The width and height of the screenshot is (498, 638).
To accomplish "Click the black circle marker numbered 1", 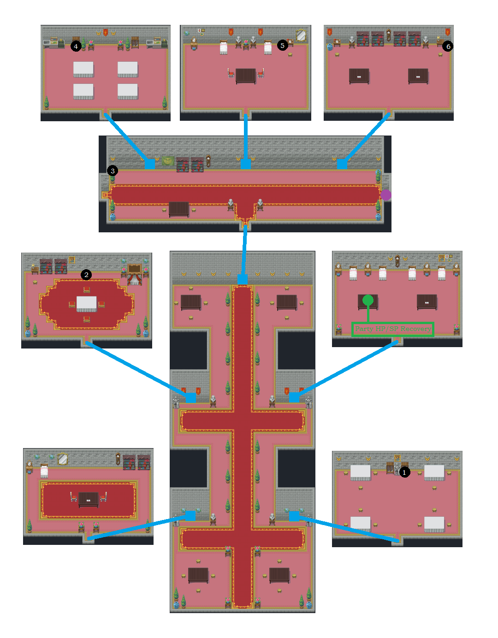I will click(404, 473).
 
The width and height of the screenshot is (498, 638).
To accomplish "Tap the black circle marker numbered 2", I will click(86, 275).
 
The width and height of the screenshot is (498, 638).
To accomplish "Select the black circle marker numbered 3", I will click(113, 171).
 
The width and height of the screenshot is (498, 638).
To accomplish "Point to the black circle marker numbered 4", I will click(76, 46).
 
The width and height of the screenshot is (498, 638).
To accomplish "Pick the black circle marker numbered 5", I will click(283, 45).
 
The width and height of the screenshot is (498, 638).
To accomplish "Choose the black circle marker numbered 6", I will click(448, 46).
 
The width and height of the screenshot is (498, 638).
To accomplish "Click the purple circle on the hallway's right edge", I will click(386, 195).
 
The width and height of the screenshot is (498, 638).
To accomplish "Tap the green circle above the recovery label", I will click(368, 301).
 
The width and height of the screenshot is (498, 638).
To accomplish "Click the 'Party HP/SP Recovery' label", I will click(393, 329).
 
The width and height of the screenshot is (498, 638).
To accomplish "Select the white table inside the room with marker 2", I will click(87, 303).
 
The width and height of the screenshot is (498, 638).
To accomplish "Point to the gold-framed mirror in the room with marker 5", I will click(301, 35).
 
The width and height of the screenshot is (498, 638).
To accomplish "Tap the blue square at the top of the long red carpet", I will click(243, 279).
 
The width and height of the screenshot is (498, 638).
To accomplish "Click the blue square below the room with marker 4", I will click(149, 164).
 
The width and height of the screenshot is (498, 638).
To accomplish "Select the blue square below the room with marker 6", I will click(342, 164).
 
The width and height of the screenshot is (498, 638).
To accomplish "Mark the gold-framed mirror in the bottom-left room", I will click(63, 459).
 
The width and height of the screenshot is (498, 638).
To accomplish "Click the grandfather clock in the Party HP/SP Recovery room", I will click(397, 261).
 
